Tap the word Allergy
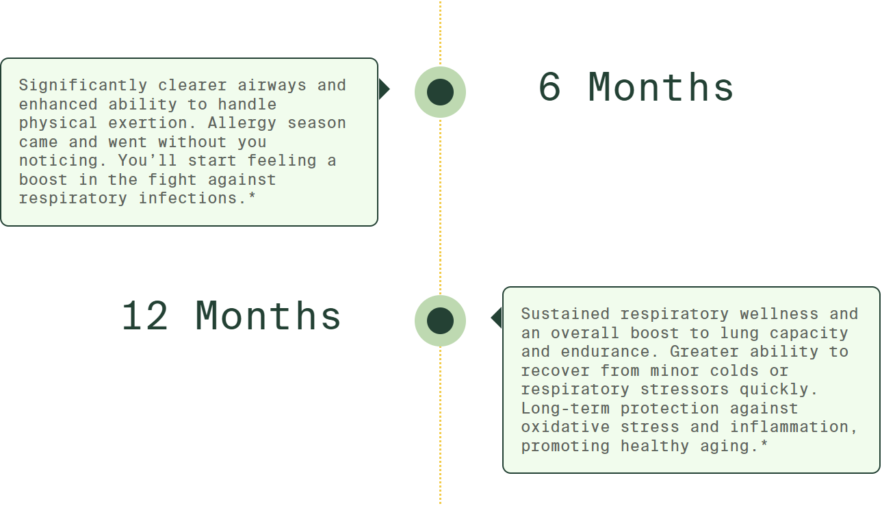pyautogui.click(x=242, y=124)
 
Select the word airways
pyautogui.click(x=272, y=86)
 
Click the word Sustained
pyautogui.click(x=565, y=314)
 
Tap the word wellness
pyautogui.click(x=779, y=314)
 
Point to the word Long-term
pyautogui.click(x=565, y=409)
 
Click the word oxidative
pyautogui.click(x=565, y=427)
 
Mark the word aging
pyautogui.click(x=729, y=447)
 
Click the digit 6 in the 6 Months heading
pyautogui.click(x=549, y=87)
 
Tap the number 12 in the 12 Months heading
pyautogui.click(x=145, y=316)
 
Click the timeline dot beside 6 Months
pyautogui.click(x=440, y=92)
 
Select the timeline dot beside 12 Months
pyautogui.click(x=440, y=320)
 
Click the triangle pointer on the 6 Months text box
pyautogui.click(x=384, y=89)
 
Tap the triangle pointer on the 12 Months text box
pyautogui.click(x=497, y=318)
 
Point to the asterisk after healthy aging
pyautogui.click(x=764, y=444)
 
